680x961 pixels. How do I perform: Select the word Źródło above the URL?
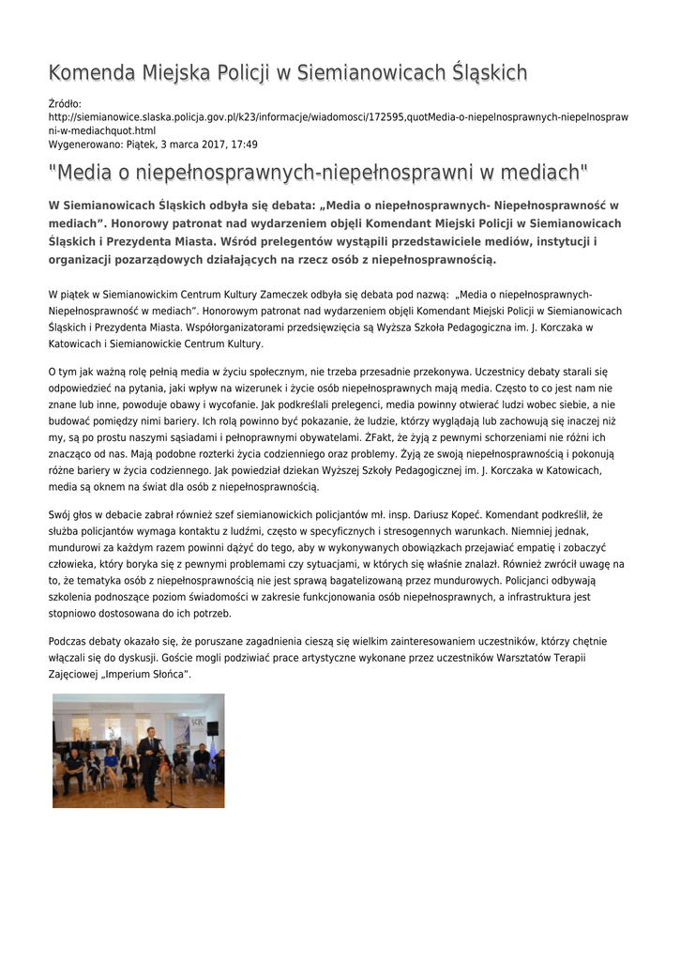click(x=65, y=103)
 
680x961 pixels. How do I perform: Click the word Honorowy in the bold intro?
click(x=145, y=223)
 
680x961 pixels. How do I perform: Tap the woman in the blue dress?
click(x=112, y=765)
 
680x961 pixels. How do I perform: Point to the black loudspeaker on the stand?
click(x=213, y=727)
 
